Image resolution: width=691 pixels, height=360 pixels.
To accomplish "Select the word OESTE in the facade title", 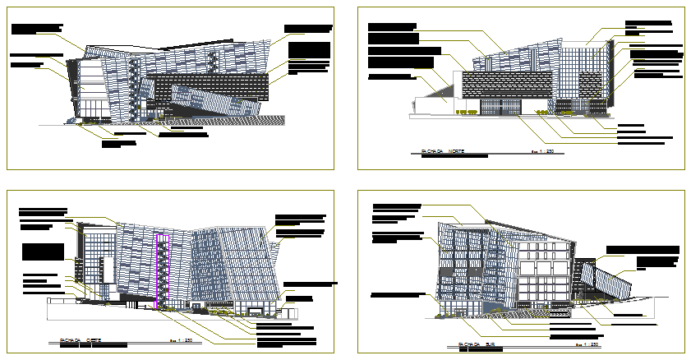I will coord(94,339).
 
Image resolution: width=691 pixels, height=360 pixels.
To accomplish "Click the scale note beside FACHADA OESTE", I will coord(182,339).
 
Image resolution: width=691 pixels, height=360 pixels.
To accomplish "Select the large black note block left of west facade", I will coord(44,255).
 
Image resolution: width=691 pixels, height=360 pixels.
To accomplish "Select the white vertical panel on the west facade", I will coord(107,270).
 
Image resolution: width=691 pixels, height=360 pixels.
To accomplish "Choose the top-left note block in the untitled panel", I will coord(36,28).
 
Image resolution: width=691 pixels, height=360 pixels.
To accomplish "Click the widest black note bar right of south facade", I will coord(643,249).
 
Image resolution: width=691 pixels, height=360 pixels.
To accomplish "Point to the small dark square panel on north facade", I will coord(590,85).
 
